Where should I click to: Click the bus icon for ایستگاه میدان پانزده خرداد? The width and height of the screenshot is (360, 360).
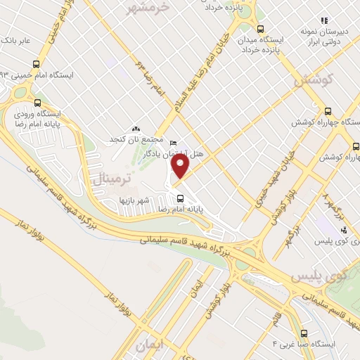260,29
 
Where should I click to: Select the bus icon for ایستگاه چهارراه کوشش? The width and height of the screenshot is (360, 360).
328,110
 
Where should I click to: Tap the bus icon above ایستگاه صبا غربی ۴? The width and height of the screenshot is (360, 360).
304,333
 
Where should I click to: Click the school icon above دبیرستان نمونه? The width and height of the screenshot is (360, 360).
323,21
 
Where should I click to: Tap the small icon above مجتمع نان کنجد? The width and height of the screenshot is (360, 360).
136,129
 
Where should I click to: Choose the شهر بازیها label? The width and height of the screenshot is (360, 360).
133,200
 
